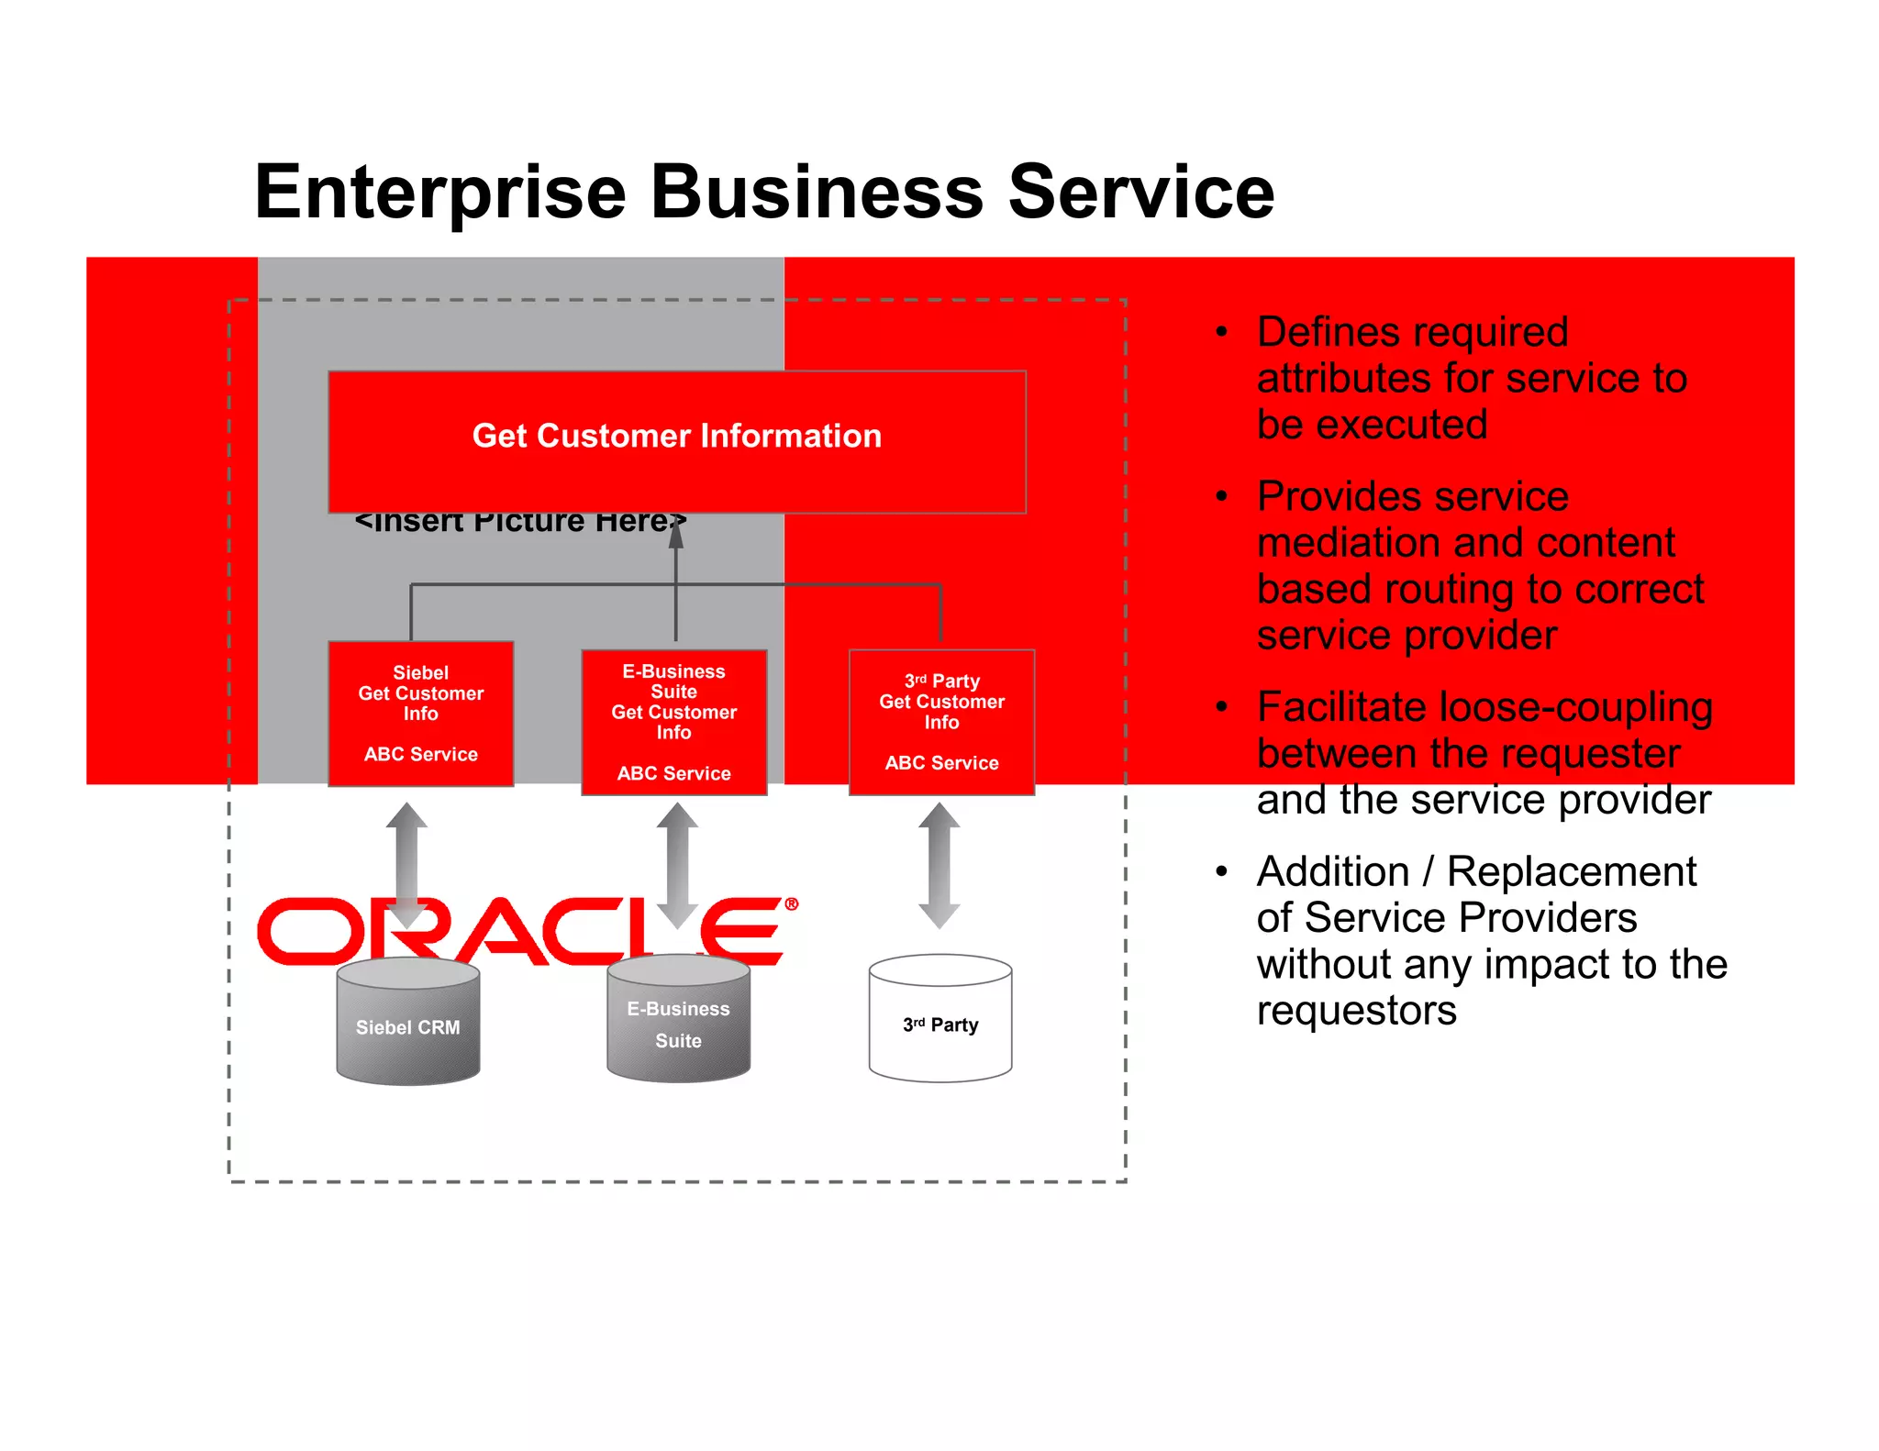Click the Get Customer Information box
[x=676, y=441]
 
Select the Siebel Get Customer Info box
[x=420, y=714]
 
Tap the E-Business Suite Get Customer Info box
[x=673, y=722]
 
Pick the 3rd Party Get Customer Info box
[x=941, y=722]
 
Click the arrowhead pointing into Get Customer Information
[x=676, y=533]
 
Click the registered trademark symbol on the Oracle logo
[x=791, y=904]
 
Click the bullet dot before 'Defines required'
[x=1221, y=332]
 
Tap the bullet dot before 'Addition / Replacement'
[x=1221, y=871]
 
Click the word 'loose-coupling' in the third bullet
[x=1575, y=707]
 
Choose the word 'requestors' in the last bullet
[x=1356, y=1011]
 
